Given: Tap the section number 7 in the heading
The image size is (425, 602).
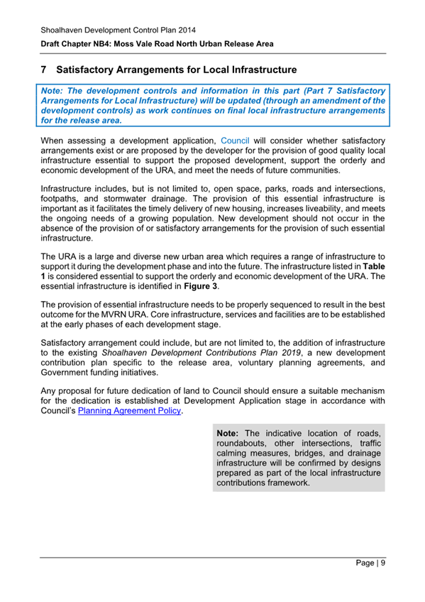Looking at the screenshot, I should click(x=44, y=70).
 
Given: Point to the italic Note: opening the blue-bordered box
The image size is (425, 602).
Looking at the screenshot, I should click(x=55, y=92).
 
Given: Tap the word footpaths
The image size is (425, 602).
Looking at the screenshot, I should click(x=62, y=199).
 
